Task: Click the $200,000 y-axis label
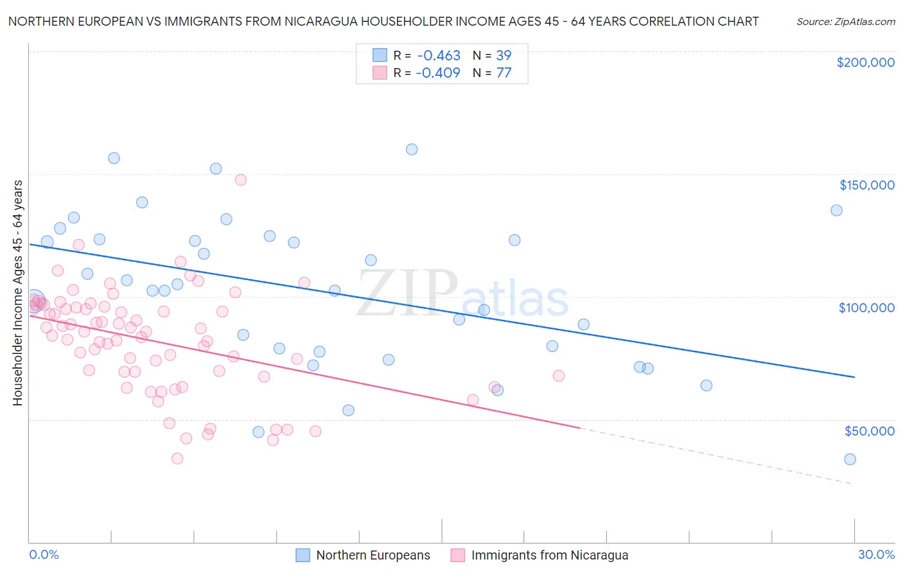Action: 865,62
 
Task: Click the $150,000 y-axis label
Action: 866,185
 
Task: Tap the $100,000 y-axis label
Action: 866,308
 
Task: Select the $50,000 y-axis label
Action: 869,430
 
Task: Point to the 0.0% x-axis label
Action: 44,554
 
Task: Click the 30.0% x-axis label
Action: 876,554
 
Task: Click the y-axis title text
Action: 17,293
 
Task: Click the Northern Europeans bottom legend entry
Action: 373,555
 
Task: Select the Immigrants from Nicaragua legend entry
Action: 549,555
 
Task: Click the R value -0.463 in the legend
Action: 438,55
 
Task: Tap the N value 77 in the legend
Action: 504,73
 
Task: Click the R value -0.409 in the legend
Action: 438,73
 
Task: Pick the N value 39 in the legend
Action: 504,55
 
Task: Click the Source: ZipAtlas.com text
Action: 845,21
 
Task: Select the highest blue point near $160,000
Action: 412,149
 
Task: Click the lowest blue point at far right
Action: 850,459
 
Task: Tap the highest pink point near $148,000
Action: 241,180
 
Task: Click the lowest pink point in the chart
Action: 177,459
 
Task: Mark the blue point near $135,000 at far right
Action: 836,210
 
